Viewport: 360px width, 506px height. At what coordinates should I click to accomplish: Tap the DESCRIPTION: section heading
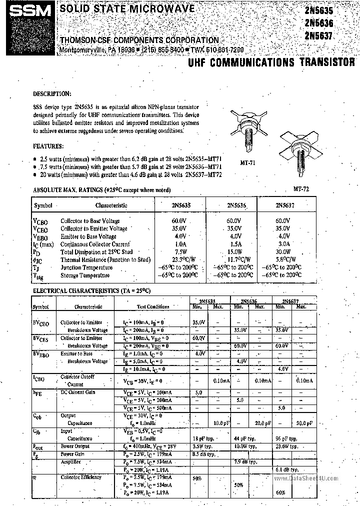point(52,93)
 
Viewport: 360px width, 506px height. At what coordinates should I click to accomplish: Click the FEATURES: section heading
point(48,146)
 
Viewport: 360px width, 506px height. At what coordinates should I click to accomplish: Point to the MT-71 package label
point(248,162)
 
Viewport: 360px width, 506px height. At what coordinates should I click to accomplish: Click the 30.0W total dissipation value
point(283,252)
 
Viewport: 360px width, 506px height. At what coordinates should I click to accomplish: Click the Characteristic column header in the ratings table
point(111,205)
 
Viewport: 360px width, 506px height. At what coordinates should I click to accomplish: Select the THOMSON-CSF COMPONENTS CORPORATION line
point(139,40)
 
